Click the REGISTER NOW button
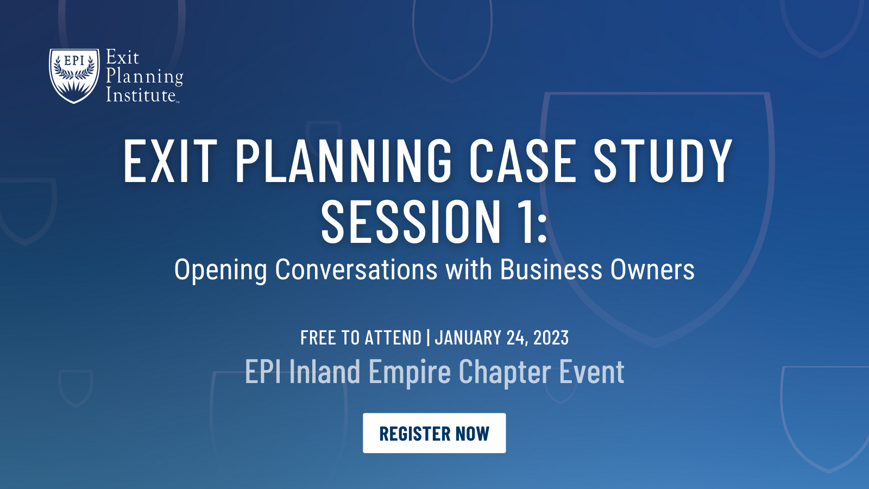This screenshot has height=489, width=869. (x=434, y=433)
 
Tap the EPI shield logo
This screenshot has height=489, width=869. (x=74, y=76)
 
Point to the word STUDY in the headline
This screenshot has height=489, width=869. (x=663, y=160)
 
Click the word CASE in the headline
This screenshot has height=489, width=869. (x=522, y=160)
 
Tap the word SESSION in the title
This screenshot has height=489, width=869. (x=411, y=222)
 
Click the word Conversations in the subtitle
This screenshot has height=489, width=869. (x=356, y=269)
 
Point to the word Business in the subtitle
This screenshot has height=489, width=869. (x=551, y=269)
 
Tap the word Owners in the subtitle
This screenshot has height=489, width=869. (x=652, y=269)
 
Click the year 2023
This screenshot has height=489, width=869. (x=551, y=337)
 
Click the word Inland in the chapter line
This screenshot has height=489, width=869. (x=325, y=372)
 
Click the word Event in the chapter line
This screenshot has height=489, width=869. (x=591, y=372)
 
